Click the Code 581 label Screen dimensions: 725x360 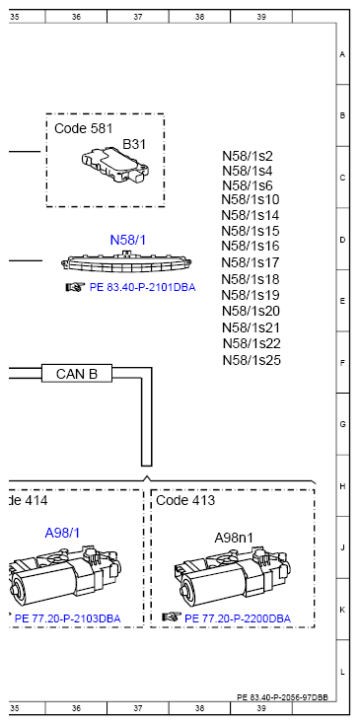click(83, 128)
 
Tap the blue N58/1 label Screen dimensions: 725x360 click(127, 240)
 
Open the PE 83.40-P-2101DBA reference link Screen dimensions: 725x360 click(142, 288)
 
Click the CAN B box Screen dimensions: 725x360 click(76, 374)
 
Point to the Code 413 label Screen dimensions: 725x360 click(186, 500)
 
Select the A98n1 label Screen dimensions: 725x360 click(235, 538)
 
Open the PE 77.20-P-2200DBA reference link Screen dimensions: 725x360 click(237, 618)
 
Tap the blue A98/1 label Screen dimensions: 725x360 click(62, 533)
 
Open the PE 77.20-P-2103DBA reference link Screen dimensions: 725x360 click(67, 618)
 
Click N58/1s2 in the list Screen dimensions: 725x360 click(248, 156)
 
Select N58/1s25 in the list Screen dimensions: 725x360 click(252, 360)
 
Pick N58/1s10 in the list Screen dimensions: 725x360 click(252, 200)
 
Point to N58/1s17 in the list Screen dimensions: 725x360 click(252, 262)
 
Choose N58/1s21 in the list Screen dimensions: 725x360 click(252, 327)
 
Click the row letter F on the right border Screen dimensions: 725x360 click(341, 362)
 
